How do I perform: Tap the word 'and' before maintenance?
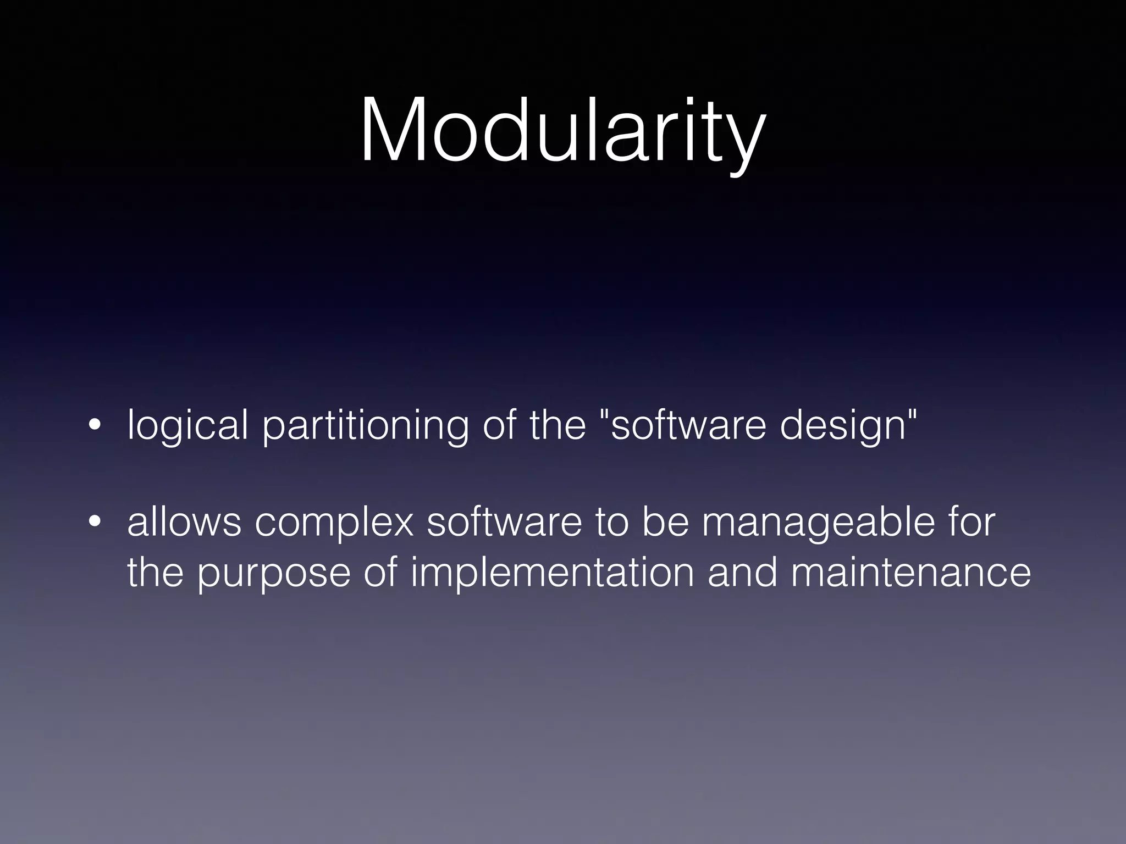(x=742, y=573)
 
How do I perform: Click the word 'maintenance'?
(x=911, y=573)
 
